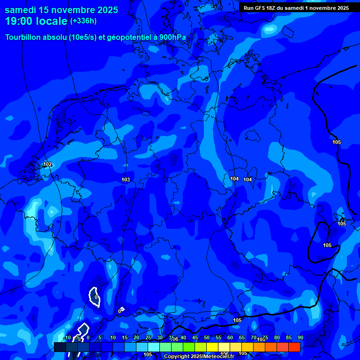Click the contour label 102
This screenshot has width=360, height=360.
point(47,164)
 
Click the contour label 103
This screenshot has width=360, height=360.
point(126,180)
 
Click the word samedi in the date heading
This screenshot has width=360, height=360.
point(22,10)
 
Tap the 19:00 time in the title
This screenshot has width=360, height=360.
point(19,21)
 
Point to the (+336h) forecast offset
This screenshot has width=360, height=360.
point(83,21)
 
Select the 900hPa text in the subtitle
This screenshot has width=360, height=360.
point(172,37)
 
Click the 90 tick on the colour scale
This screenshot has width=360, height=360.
point(300,337)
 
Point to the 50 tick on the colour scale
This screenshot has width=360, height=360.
point(207,337)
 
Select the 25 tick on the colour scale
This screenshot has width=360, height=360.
point(148,337)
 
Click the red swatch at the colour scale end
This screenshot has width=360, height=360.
point(294,347)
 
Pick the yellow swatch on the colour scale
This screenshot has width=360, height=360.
point(212,347)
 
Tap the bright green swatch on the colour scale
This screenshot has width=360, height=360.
point(189,347)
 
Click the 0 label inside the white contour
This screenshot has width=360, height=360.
point(96,297)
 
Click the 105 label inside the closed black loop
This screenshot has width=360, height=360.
point(327,245)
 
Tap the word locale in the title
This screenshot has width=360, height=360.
point(52,21)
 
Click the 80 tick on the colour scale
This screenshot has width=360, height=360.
point(277,337)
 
